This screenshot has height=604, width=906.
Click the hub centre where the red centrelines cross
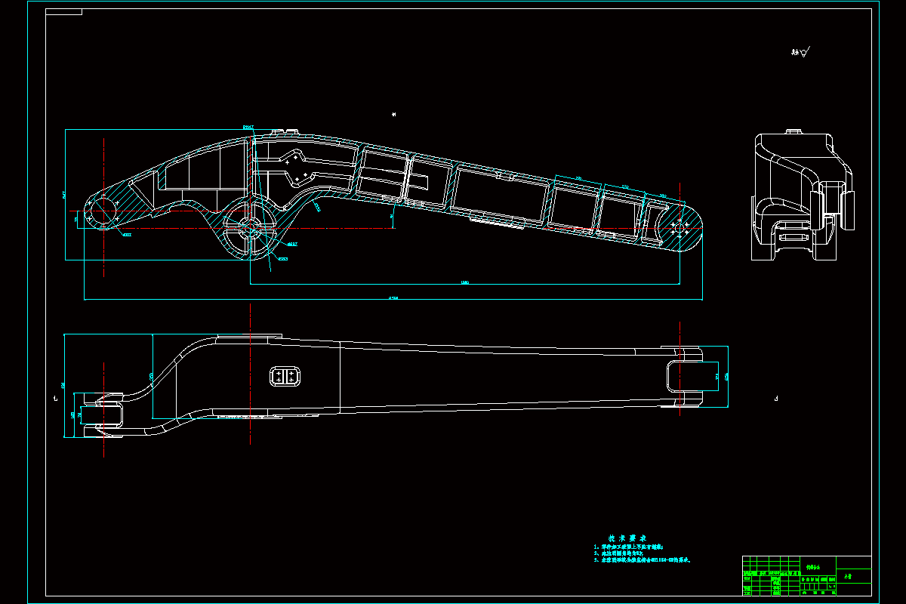[x=250, y=227]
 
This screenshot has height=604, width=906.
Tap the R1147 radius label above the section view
[x=248, y=127]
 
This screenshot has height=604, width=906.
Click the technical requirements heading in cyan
[x=632, y=538]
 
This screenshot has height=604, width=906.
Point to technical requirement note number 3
[x=643, y=560]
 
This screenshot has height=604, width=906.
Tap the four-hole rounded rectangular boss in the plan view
[x=285, y=375]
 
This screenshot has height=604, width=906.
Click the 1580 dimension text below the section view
[x=464, y=282]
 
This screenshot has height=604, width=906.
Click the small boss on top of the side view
[x=792, y=133]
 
